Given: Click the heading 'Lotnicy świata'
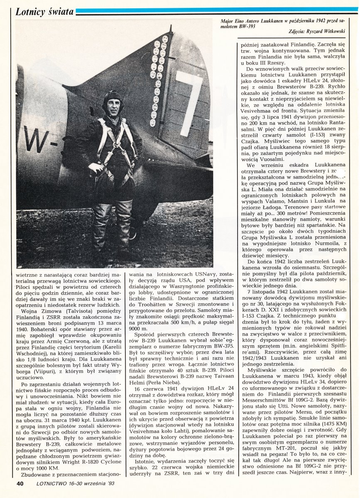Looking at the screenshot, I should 44,12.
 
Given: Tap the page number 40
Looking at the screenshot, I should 20,483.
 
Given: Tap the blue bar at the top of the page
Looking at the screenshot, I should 216,9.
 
